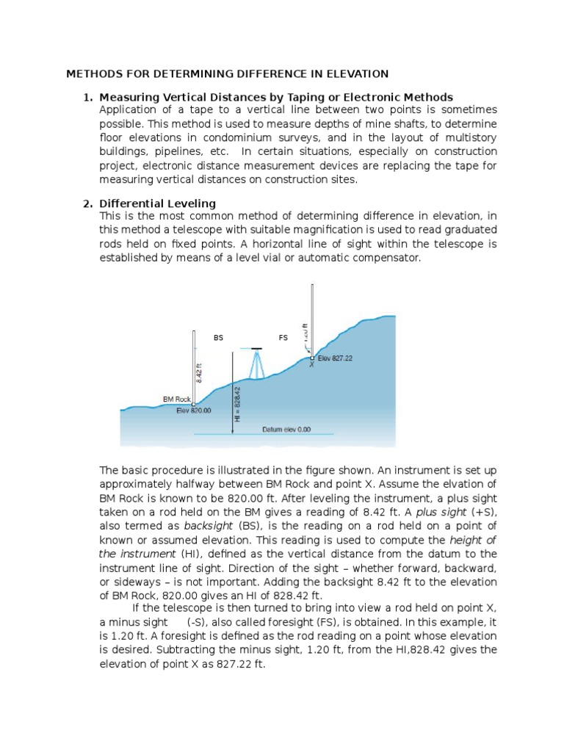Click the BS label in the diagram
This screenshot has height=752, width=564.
click(x=217, y=338)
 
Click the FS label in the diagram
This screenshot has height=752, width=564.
click(x=283, y=338)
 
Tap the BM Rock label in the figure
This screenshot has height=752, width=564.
click(x=176, y=399)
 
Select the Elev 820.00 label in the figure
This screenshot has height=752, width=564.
click(x=194, y=411)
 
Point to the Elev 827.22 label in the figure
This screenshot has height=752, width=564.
click(x=336, y=358)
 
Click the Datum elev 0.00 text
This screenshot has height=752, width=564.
click(x=286, y=428)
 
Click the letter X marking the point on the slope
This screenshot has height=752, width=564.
click(x=311, y=364)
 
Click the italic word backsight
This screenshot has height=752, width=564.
click(x=209, y=527)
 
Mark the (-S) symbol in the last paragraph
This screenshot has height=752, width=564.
click(x=198, y=622)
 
